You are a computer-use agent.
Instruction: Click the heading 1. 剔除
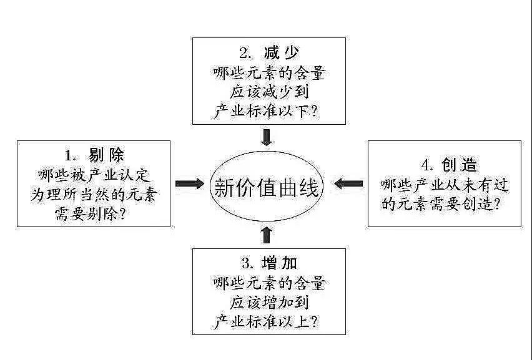(x=94, y=155)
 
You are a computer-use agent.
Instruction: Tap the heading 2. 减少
(x=268, y=53)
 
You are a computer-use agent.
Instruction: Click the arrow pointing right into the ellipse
(x=189, y=183)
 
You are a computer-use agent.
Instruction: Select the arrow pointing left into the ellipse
(x=348, y=183)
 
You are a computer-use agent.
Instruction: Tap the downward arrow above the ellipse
(x=267, y=136)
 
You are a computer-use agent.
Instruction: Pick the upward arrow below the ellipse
(x=267, y=235)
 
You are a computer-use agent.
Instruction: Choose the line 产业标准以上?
(x=268, y=323)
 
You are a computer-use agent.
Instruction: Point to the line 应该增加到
(x=268, y=303)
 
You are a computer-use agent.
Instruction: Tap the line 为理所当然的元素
(x=94, y=195)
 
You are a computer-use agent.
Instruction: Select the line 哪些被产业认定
(x=94, y=175)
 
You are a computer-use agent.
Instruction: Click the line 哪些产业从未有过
(x=444, y=185)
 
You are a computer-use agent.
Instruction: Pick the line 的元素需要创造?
(x=444, y=205)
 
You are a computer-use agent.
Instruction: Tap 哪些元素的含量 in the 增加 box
(x=268, y=283)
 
